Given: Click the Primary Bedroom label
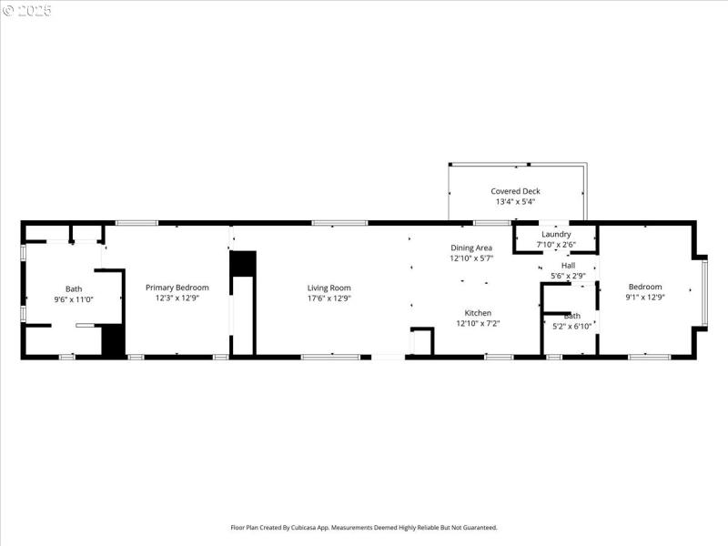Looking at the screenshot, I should coord(177,288).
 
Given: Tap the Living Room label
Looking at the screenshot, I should coord(329,288).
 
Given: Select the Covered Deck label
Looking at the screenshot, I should coord(515,191).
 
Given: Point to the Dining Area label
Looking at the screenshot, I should coord(471,248).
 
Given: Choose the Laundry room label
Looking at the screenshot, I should coord(556,234).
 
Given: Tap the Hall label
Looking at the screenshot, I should coord(568,266).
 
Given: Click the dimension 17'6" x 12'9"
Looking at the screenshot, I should coord(329,298).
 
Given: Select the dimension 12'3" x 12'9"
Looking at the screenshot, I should coord(177,298).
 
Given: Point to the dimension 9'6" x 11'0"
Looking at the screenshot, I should coord(73,298).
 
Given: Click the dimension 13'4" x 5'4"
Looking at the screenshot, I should coord(515,201).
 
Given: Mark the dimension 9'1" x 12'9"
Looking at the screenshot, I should coord(645,298).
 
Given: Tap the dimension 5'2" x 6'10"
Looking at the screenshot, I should coord(571,326).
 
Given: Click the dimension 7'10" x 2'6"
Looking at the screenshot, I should coord(556,244).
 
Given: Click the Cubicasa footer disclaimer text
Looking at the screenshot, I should coord(363,527).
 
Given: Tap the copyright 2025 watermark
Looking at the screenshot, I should coord(27,11).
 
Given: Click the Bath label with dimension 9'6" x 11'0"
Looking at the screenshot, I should coord(73,288).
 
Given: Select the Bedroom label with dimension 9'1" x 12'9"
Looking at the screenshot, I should coord(645,288).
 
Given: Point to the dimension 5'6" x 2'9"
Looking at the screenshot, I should coord(568,276).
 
